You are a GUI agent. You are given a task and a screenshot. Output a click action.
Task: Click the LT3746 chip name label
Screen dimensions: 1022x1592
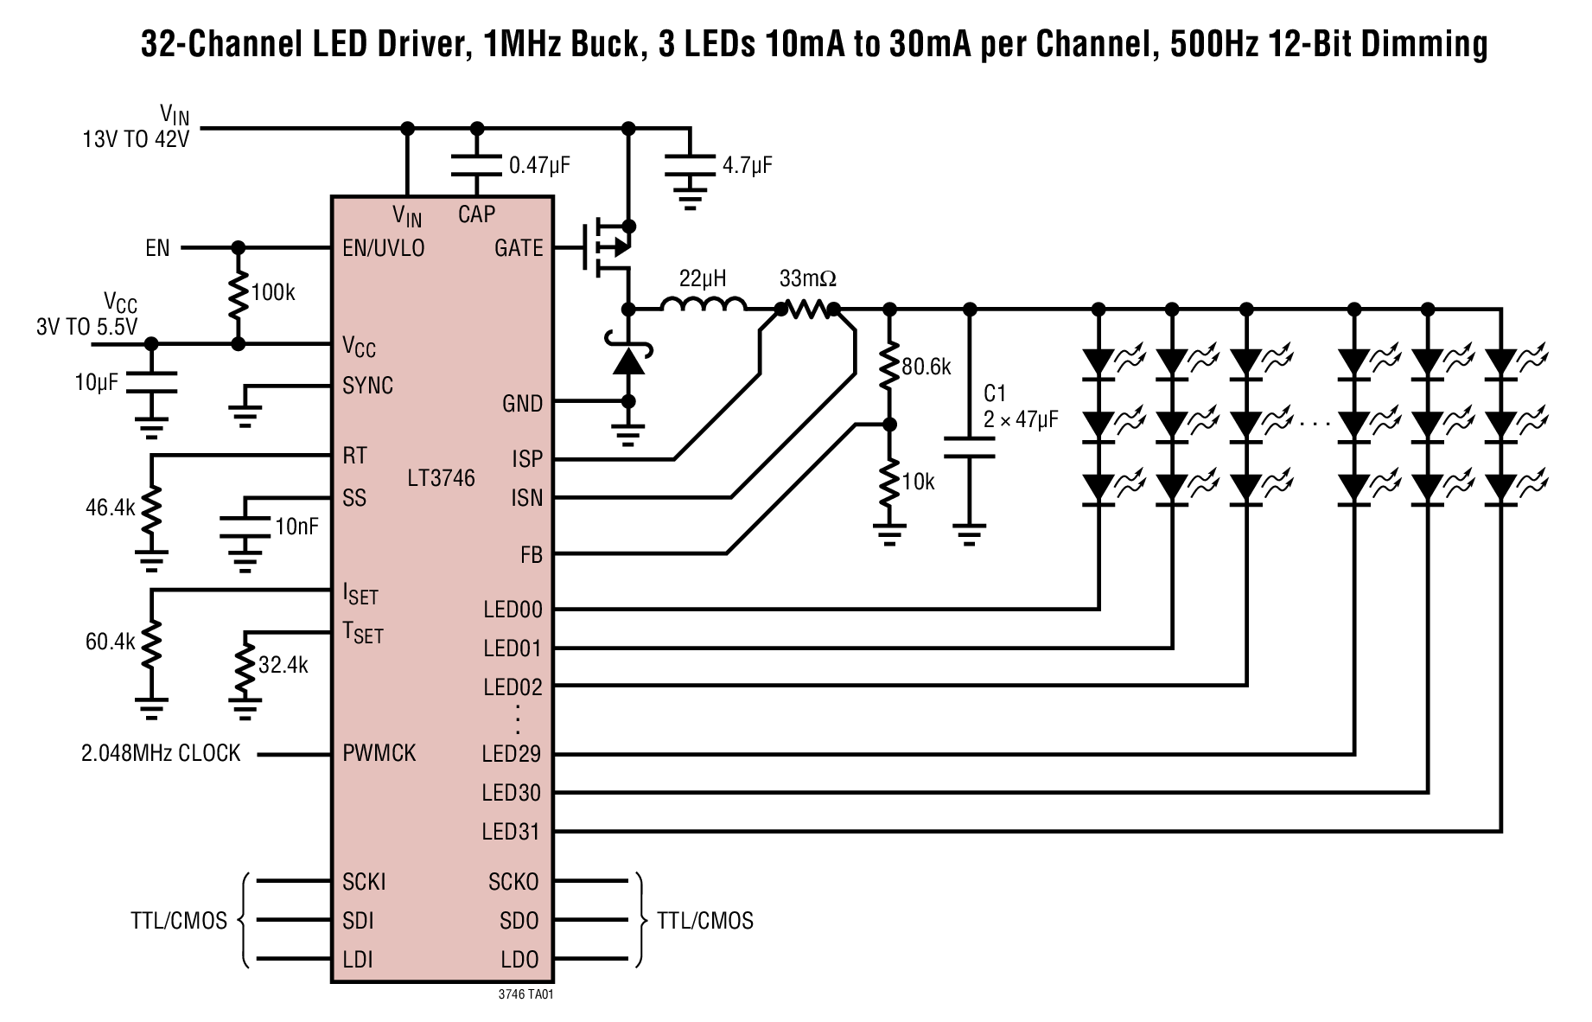[x=441, y=478]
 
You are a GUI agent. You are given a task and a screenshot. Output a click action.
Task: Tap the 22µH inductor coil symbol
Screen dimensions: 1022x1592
[x=704, y=305]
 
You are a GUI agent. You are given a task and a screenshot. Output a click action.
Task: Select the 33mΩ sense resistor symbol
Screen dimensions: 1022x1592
[x=807, y=309]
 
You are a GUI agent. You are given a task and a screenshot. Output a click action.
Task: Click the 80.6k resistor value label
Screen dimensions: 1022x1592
[x=926, y=367]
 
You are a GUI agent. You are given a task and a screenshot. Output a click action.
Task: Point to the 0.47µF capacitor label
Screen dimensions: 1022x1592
[x=539, y=165]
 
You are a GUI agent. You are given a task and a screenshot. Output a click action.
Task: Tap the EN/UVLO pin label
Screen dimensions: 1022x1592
[x=383, y=248]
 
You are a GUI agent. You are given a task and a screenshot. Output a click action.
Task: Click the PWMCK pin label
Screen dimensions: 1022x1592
[x=379, y=753]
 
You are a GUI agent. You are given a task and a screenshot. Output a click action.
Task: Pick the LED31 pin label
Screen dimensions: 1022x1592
[x=511, y=832]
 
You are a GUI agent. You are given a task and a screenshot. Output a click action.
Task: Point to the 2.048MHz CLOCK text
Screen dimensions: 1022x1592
[x=161, y=753]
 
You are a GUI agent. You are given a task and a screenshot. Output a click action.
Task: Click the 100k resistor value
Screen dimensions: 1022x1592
[x=272, y=293]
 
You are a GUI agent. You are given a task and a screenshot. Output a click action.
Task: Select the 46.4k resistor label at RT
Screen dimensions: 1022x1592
[x=110, y=508]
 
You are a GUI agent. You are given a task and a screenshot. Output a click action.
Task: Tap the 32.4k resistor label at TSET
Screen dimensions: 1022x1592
[x=283, y=665]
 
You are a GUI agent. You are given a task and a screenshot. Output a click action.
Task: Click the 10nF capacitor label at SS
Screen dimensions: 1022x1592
[x=296, y=526]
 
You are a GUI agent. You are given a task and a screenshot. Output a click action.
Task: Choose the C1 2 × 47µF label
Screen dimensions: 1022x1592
[x=1020, y=407]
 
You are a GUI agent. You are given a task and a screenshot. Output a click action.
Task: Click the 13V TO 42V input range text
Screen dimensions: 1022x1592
[x=136, y=139]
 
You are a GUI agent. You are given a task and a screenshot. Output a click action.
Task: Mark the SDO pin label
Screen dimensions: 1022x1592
[x=519, y=921]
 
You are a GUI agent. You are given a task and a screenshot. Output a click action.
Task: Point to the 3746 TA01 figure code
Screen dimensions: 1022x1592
[x=525, y=994]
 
